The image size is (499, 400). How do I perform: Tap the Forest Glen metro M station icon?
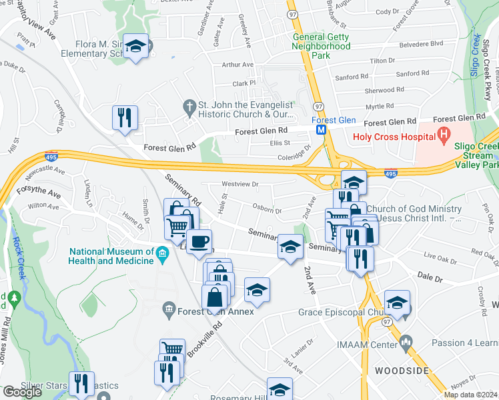point(322,129)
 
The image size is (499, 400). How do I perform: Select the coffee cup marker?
point(198,242)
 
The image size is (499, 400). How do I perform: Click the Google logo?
point(22,392)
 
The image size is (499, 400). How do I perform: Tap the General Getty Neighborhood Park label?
point(321,47)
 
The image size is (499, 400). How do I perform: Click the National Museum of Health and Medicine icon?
point(161,253)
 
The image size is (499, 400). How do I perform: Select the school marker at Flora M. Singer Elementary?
point(136,47)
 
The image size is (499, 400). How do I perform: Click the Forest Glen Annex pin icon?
point(168,309)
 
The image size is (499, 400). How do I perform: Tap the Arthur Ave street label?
point(238,65)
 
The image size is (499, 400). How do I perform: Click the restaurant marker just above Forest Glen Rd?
point(125,118)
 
